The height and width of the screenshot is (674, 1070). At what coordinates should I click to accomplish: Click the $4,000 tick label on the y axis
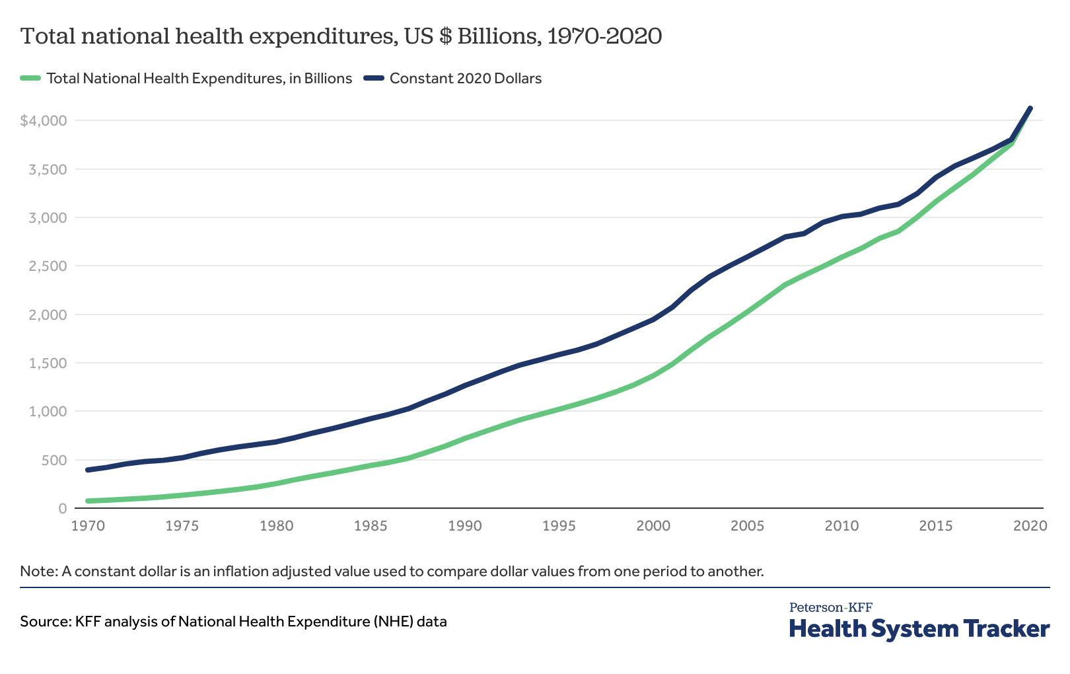point(44,120)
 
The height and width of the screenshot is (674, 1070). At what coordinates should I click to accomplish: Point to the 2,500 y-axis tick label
point(48,266)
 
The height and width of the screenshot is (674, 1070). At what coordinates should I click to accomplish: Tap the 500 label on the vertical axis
point(54,460)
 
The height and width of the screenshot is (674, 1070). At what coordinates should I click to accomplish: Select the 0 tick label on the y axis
point(63,508)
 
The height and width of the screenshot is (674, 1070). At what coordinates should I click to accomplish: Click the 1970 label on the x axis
point(88,526)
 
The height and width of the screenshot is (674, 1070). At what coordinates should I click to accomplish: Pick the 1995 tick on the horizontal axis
point(559,526)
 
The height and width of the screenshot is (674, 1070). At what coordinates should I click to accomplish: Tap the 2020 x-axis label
point(1030,526)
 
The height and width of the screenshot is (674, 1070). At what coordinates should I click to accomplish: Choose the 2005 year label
point(748,526)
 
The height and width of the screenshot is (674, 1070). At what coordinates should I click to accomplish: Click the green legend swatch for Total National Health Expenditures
point(31,78)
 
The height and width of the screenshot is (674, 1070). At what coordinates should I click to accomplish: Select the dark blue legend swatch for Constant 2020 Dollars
point(374,78)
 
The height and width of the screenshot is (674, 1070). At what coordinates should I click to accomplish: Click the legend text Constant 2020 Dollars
point(466,78)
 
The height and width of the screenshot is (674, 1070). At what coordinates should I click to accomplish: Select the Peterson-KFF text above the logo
point(830,607)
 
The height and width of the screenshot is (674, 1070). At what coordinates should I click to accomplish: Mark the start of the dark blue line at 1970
point(88,470)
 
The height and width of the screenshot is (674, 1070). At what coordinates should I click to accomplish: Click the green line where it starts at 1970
point(88,501)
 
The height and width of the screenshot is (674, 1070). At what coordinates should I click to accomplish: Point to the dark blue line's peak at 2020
point(1030,108)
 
